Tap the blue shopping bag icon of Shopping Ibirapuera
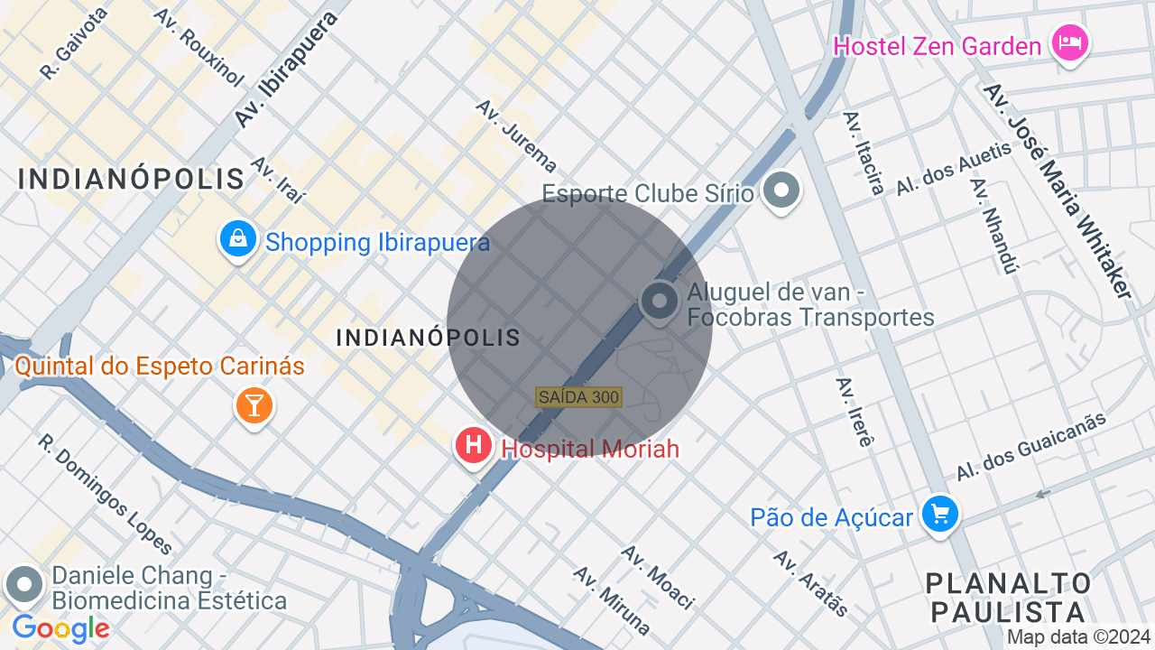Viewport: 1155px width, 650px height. [238, 239]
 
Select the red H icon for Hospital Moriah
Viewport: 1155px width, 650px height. [472, 445]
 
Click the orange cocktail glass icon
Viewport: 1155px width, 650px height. [254, 405]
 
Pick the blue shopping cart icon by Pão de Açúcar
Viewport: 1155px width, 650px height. [940, 515]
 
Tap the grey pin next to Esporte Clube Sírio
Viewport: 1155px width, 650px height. [781, 190]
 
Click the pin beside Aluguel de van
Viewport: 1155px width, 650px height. [660, 302]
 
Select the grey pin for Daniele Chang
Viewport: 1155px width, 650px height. [24, 585]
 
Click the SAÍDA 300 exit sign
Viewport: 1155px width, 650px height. [578, 397]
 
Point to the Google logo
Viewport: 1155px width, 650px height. [60, 628]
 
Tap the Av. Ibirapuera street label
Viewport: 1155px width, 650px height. [285, 69]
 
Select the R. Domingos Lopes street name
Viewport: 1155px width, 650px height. [105, 493]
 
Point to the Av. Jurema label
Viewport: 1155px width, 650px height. [517, 135]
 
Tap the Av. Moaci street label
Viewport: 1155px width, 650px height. [658, 577]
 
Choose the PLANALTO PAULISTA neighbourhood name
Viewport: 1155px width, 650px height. [1009, 597]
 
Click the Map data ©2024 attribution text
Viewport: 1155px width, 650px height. [1078, 636]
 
